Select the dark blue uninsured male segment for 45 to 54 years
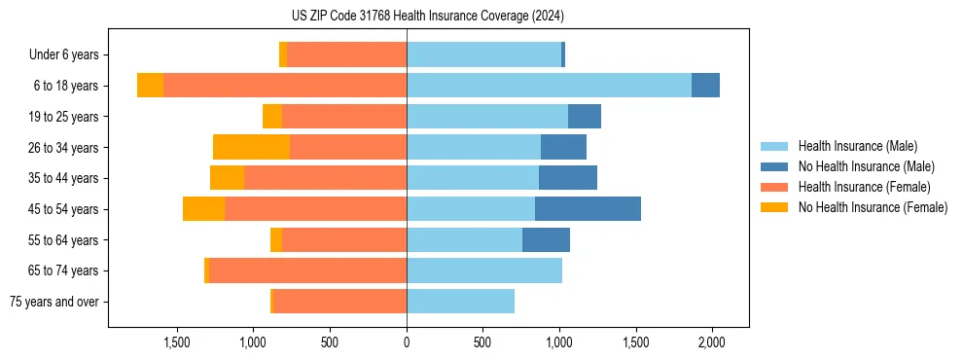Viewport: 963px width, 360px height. point(588,208)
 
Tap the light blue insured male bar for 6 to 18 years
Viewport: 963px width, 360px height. point(549,86)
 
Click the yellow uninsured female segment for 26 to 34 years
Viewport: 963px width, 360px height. point(251,147)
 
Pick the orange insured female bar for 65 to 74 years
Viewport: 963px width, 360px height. point(307,270)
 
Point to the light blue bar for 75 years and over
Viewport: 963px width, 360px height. point(460,302)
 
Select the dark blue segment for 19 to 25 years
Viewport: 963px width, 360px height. point(585,117)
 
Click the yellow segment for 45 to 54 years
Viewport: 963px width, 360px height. point(203,208)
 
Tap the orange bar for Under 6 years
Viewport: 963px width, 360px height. point(346,54)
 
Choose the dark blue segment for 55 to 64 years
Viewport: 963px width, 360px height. point(546,239)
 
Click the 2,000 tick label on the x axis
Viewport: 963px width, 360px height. point(712,342)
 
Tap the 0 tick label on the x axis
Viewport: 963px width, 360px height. point(407,342)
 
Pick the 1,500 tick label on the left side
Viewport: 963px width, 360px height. point(177,342)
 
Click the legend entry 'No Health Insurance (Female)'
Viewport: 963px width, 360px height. point(873,207)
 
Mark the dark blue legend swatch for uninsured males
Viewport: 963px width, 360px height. point(774,166)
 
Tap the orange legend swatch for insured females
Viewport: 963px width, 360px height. point(774,187)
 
